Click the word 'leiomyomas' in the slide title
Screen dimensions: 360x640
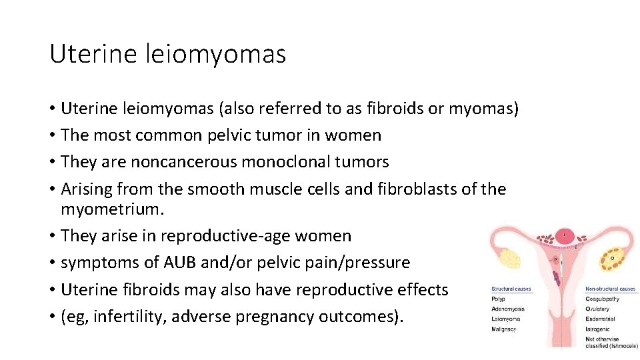[x=215, y=54]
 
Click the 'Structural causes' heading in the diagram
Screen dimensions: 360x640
[x=511, y=289]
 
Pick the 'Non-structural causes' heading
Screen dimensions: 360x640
[x=611, y=289]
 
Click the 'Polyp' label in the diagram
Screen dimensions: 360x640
[x=498, y=299]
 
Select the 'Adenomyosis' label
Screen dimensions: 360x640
[x=508, y=309]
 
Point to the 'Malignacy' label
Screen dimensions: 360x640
[x=505, y=329]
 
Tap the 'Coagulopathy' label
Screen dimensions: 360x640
[x=602, y=299]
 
